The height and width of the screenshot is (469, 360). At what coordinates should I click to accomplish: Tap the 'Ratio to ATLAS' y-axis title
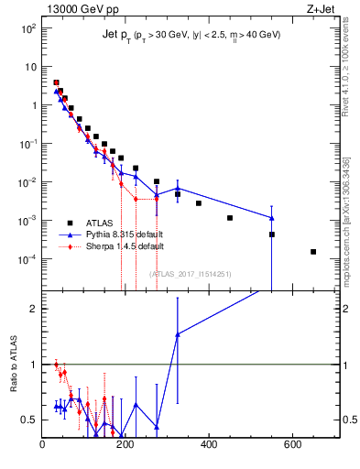click(x=13, y=364)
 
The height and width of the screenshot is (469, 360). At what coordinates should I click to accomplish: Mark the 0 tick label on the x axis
click(x=43, y=446)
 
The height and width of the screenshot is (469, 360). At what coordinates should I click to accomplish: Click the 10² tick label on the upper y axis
click(x=29, y=28)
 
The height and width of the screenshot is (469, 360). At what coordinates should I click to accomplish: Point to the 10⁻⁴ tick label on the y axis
click(x=28, y=259)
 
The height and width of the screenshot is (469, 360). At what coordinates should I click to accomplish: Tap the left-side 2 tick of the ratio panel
click(x=35, y=309)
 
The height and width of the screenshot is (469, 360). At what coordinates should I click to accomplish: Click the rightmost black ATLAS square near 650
click(x=313, y=252)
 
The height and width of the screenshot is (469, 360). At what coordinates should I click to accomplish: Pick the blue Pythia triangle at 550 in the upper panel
click(x=272, y=218)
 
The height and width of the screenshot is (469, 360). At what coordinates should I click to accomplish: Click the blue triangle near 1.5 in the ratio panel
click(x=178, y=334)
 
